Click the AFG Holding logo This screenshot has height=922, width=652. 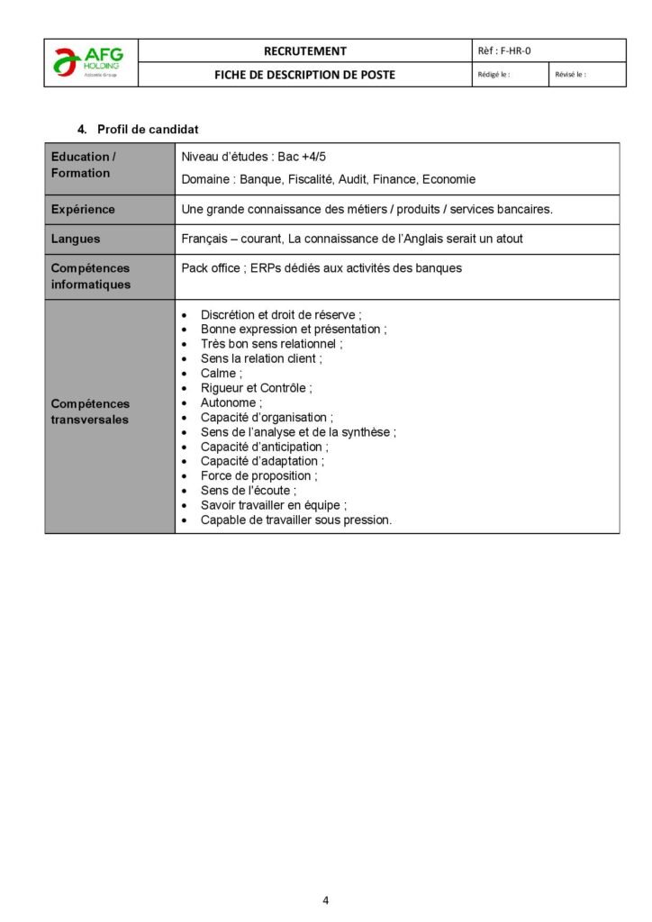[x=90, y=63]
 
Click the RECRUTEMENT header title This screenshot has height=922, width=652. [x=305, y=51]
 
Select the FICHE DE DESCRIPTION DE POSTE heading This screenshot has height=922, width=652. [x=304, y=75]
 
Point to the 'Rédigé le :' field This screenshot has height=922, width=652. [x=494, y=75]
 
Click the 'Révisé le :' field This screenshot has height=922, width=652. [x=571, y=75]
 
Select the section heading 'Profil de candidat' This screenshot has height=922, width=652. [x=148, y=130]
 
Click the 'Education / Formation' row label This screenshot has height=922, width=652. [x=83, y=165]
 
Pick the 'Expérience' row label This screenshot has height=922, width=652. [x=83, y=210]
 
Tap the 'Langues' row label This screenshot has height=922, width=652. [x=76, y=240]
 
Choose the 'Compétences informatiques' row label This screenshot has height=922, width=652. [x=91, y=276]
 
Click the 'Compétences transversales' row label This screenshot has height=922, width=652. [x=90, y=412]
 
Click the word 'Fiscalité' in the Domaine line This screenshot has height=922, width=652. [x=311, y=179]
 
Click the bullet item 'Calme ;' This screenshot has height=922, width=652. [x=222, y=374]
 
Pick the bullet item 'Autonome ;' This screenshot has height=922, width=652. [x=231, y=402]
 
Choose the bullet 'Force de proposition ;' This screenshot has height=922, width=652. [x=258, y=475]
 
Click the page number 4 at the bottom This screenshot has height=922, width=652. [x=326, y=899]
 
